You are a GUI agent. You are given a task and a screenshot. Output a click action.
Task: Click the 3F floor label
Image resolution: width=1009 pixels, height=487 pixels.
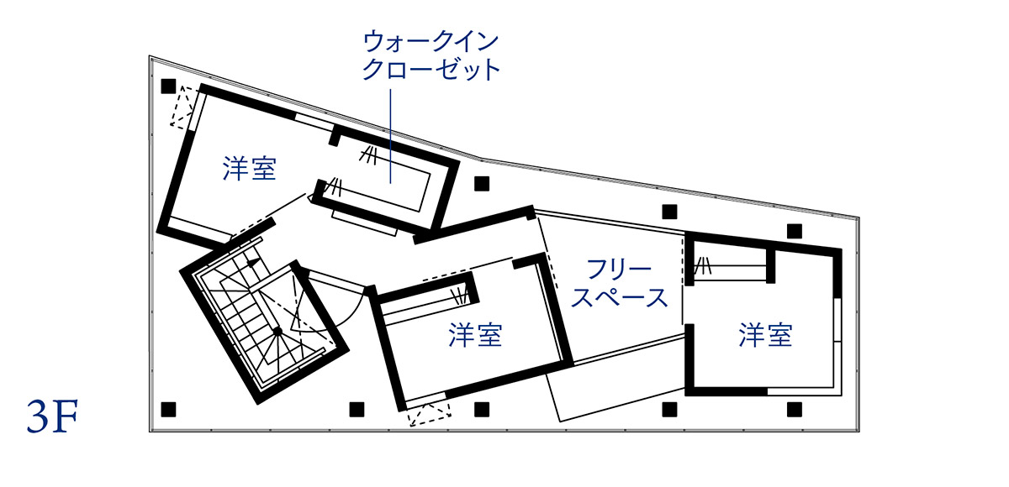52,416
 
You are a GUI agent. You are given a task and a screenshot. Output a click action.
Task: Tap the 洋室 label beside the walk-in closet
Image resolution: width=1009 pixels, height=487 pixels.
249,169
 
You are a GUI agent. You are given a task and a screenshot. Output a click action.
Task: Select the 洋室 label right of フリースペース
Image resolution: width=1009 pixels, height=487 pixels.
765,335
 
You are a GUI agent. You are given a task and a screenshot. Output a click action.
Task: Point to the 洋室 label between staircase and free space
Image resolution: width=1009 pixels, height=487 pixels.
475,335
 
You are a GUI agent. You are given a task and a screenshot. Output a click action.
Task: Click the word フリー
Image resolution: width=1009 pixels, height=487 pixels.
620,270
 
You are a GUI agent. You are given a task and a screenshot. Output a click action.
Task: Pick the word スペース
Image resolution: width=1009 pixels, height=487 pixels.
620,297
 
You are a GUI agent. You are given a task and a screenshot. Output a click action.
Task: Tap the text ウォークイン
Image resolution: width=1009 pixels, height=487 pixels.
431,42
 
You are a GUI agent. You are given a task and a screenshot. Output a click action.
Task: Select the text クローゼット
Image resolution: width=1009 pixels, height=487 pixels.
431,70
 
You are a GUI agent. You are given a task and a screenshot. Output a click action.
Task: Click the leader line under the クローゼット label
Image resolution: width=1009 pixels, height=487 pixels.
390,136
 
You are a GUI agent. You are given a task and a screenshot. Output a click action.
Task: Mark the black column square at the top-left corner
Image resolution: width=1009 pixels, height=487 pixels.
168,86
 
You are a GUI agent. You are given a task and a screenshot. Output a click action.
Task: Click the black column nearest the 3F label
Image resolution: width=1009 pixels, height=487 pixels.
168,410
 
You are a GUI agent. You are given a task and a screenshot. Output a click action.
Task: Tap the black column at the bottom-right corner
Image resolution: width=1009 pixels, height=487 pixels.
795,410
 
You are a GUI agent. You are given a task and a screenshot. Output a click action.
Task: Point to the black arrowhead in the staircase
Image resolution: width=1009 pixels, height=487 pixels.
254,263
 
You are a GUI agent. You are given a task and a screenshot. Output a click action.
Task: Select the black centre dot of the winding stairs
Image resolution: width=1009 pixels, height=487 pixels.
277,332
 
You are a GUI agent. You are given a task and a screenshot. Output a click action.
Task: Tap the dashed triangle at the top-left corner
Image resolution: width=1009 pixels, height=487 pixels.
183,106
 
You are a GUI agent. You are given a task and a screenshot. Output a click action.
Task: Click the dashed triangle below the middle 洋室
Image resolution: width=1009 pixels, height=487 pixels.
430,415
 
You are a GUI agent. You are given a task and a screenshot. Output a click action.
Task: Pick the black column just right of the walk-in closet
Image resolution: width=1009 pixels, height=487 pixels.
482,184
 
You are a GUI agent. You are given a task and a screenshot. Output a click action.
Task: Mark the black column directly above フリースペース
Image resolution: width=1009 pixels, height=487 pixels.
669,212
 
